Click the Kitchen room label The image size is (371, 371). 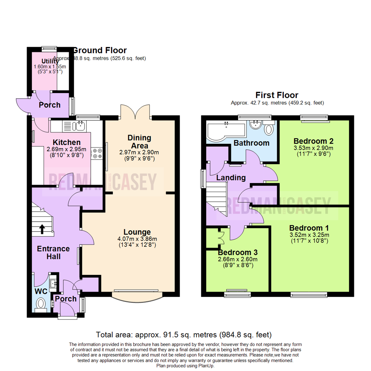67,142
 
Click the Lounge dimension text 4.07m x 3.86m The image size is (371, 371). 137,239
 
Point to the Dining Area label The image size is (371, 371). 139,142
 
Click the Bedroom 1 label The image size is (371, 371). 309,228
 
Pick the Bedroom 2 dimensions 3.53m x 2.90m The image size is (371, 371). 313,148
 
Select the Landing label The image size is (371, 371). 231,178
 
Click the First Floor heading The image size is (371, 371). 277,95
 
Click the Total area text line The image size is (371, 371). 184,334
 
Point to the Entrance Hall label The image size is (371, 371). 53,252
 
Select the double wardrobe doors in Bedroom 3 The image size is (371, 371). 221,237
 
